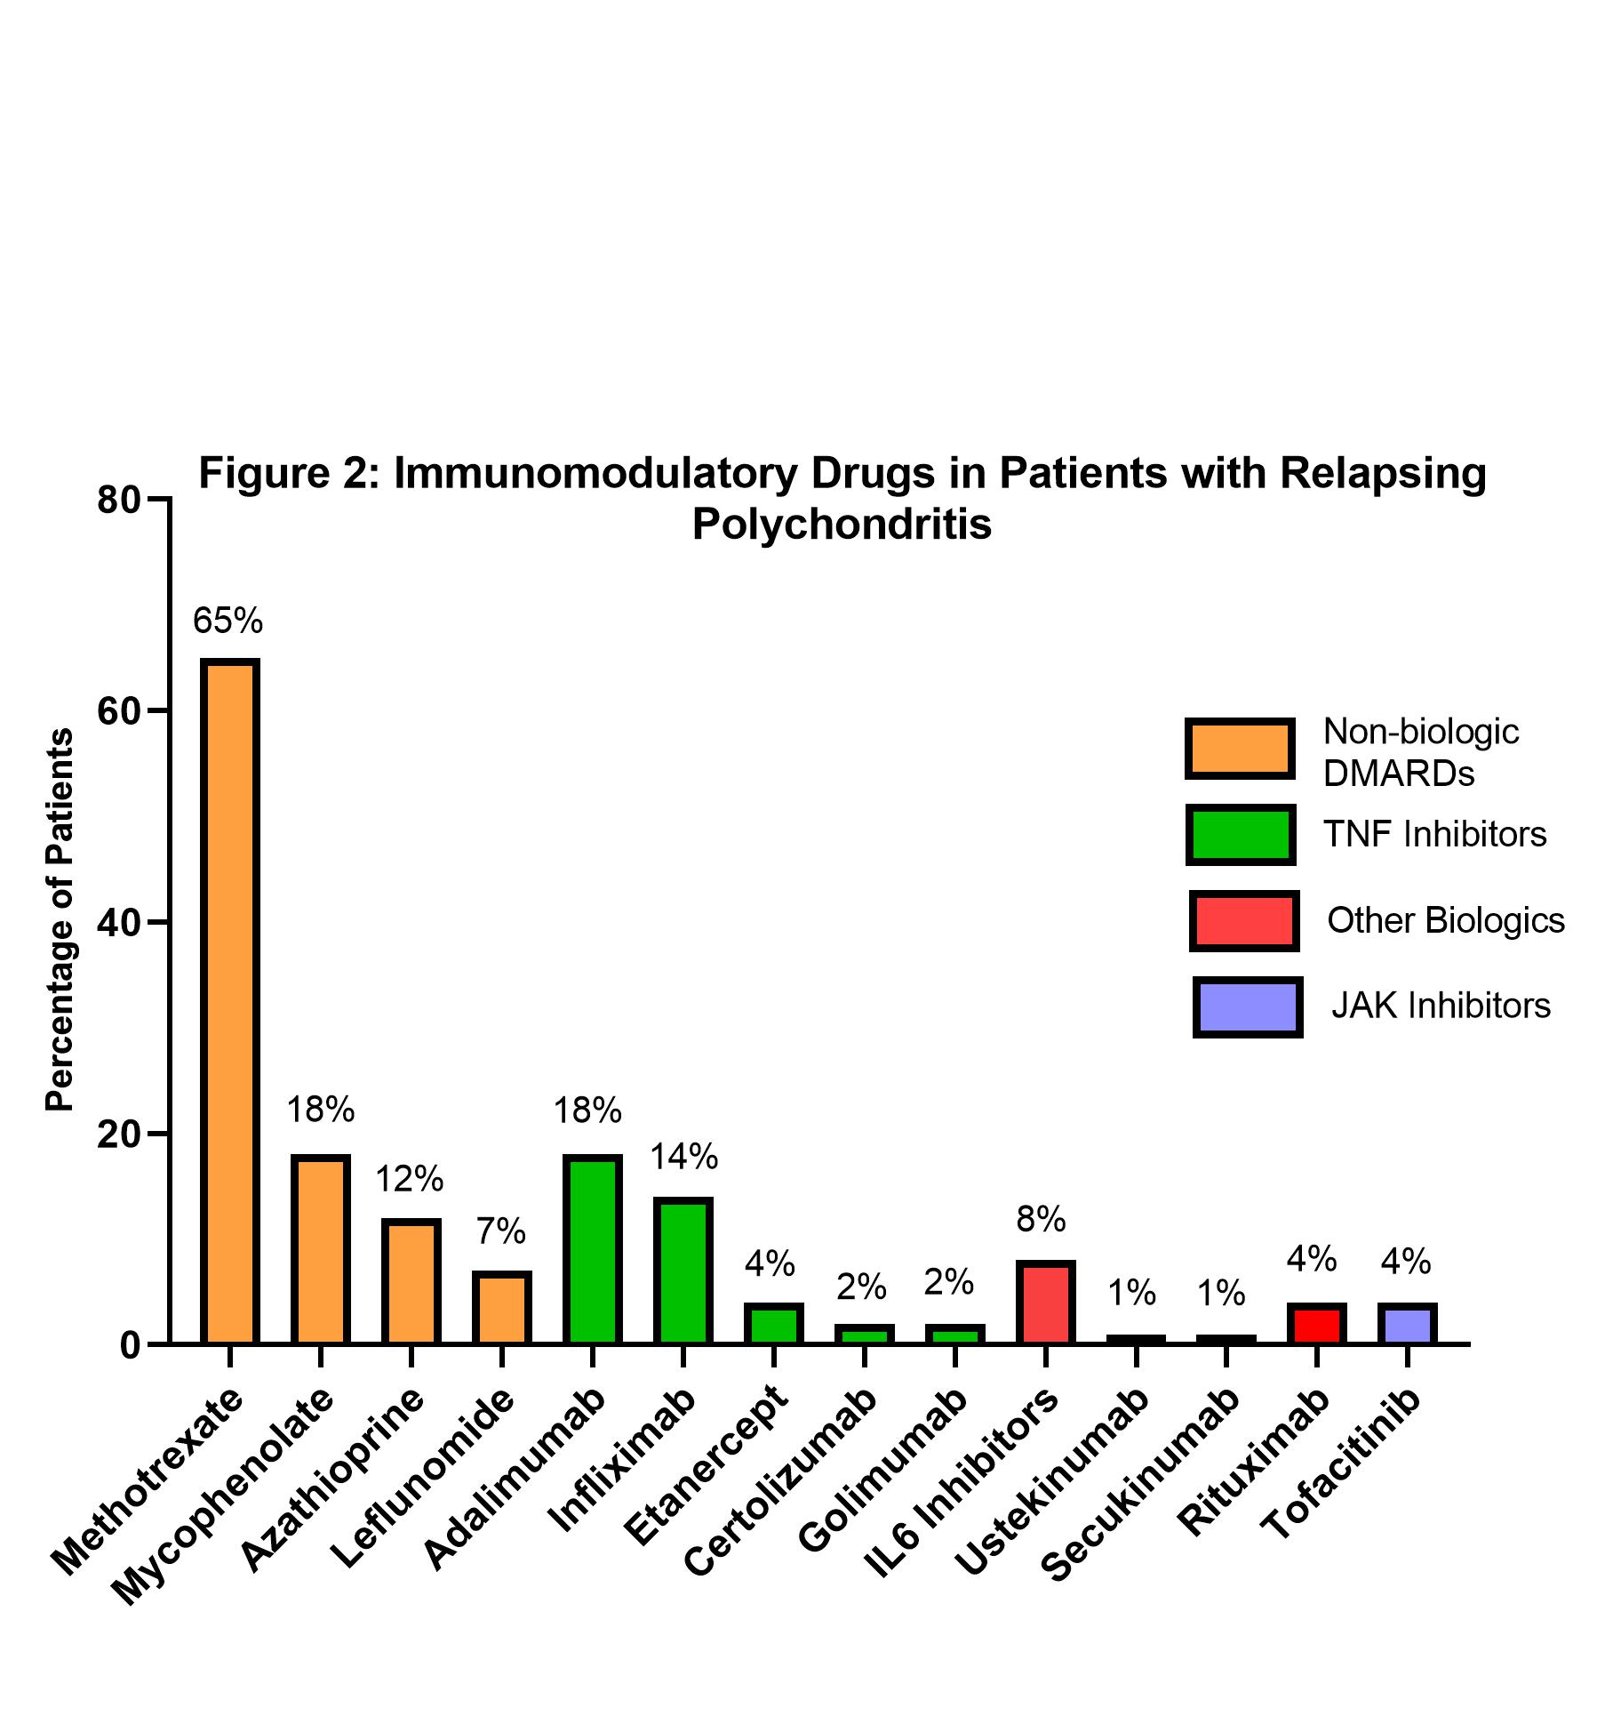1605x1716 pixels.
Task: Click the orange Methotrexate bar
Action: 229,1001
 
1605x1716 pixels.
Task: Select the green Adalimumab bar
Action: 592,1249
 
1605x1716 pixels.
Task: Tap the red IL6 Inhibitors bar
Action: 1045,1302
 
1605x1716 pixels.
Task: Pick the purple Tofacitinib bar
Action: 1408,1324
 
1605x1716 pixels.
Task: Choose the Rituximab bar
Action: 1317,1324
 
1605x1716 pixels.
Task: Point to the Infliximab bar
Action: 683,1271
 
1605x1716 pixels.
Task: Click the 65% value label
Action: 228,621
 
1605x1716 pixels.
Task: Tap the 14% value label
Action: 683,1157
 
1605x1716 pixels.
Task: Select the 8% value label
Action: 1042,1220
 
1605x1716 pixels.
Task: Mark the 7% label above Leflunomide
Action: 500,1231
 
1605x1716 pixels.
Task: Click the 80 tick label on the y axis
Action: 120,500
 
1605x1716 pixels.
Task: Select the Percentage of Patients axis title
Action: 60,919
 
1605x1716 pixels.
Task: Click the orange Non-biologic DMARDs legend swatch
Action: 1240,749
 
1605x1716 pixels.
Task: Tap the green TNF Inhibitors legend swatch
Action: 1241,835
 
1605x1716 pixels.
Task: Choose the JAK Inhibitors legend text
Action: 1441,1006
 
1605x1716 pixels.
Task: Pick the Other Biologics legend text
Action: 1446,920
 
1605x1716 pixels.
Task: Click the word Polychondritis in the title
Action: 842,525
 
